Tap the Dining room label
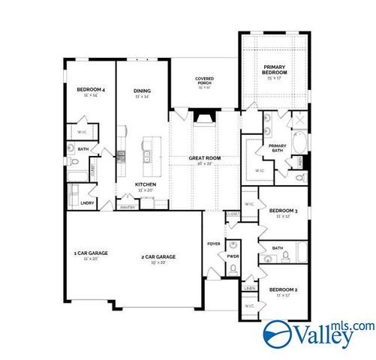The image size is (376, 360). [x=143, y=90]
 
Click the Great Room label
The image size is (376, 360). [x=204, y=158]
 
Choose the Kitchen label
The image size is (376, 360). [x=146, y=184]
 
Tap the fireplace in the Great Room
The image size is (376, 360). [x=203, y=116]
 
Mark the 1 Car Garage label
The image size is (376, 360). [x=91, y=253]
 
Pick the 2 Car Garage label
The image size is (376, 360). [x=158, y=257]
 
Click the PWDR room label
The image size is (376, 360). [x=233, y=256]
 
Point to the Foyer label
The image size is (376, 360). [x=214, y=244]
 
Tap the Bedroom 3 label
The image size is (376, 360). [x=284, y=212]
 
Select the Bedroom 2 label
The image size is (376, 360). [x=284, y=289]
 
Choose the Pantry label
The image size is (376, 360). [x=127, y=208]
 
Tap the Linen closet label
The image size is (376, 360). [x=249, y=286]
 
